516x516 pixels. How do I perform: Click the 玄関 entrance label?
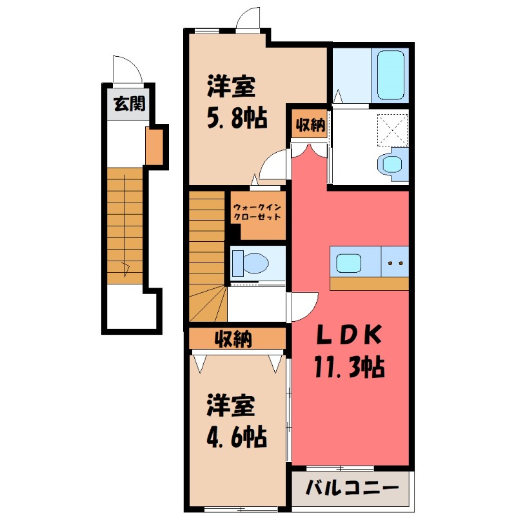tap(129, 104)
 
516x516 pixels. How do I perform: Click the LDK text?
tap(348, 335)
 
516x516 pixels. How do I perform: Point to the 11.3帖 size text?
tap(349, 368)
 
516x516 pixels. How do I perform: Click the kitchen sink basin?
tap(349, 263)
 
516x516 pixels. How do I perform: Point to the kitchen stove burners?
tap(394, 263)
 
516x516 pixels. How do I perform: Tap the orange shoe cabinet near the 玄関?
tap(154, 147)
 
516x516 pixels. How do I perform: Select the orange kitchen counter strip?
tap(369, 283)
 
